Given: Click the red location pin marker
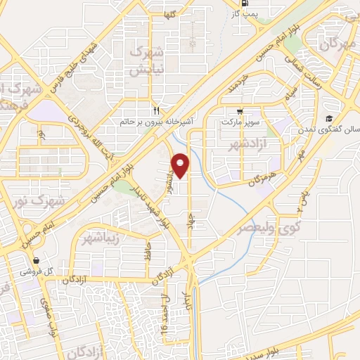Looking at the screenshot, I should click(x=181, y=165).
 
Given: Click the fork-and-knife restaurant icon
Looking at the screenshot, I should click(x=157, y=110).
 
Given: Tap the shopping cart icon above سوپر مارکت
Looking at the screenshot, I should click(x=240, y=111).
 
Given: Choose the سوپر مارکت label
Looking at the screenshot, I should click(x=240, y=122).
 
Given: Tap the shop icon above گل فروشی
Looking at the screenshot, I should click(x=35, y=259).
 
